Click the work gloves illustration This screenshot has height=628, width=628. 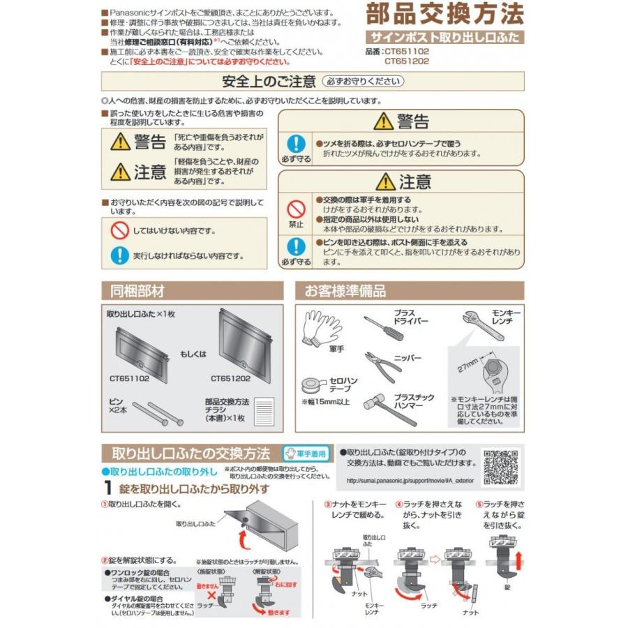(x=322, y=330)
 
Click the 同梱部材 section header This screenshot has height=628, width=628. (x=133, y=291)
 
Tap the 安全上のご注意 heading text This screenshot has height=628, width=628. (x=268, y=81)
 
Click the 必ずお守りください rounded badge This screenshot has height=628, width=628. (x=364, y=81)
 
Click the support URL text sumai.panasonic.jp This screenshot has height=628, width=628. (x=406, y=480)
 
